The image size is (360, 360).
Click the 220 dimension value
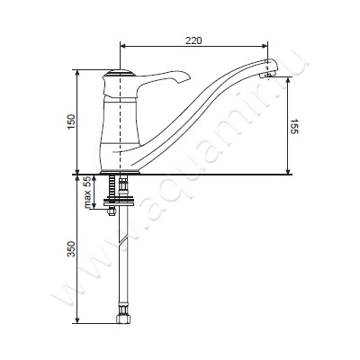pyautogui.click(x=193, y=40)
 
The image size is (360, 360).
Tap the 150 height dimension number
pyautogui.click(x=71, y=121)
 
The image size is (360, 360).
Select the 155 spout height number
pyautogui.click(x=294, y=126)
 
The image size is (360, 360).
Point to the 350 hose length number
pyautogui.click(x=71, y=248)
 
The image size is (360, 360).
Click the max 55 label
pyautogui.click(x=87, y=193)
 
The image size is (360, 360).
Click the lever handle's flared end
pyautogui.click(x=183, y=77)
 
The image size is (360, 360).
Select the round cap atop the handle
pyautogui.click(x=119, y=72)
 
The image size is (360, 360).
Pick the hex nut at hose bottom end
pyautogui.click(x=123, y=318)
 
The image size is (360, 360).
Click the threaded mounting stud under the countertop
pyautogui.click(x=112, y=188)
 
